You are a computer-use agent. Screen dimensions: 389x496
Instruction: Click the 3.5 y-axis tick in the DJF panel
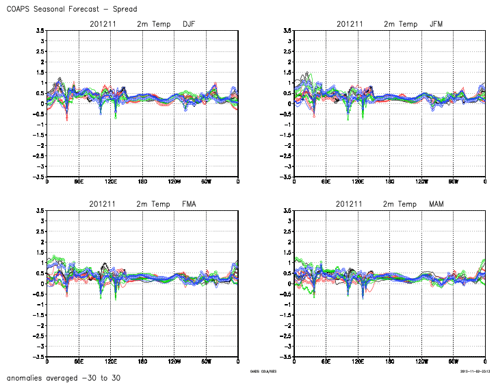click(40, 30)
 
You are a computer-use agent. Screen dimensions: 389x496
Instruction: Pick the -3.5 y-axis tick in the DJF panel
click(39, 177)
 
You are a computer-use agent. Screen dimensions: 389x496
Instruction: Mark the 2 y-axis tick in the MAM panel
click(289, 241)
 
